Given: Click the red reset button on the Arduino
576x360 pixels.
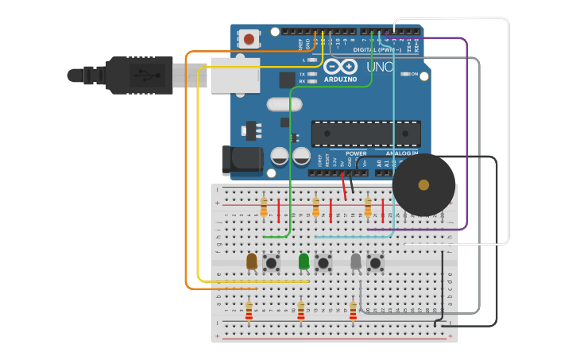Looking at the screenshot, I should pyautogui.click(x=249, y=38).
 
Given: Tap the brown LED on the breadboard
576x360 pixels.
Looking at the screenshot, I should pyautogui.click(x=252, y=261).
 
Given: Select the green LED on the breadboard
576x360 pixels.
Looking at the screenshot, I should pyautogui.click(x=303, y=261).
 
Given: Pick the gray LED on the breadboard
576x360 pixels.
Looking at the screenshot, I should pyautogui.click(x=355, y=261).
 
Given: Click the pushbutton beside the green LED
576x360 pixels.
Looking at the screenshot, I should pyautogui.click(x=323, y=261).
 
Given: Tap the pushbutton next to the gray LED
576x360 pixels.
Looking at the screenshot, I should pyautogui.click(x=375, y=261).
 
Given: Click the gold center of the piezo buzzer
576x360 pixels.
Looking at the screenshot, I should pyautogui.click(x=423, y=185).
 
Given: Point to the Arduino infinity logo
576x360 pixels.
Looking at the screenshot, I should pyautogui.click(x=339, y=67).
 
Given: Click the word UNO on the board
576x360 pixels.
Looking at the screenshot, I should pyautogui.click(x=380, y=68).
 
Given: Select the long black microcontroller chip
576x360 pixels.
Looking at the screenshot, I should pyautogui.click(x=365, y=134).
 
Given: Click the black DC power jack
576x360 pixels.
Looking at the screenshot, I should pyautogui.click(x=242, y=159).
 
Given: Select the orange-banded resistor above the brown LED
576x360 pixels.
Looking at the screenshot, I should pyautogui.click(x=264, y=207).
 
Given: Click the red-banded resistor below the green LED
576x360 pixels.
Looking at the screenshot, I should pyautogui.click(x=300, y=311).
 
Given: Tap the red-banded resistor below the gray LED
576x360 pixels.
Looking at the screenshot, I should pyautogui.click(x=353, y=311).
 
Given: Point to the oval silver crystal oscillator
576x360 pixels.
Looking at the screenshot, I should pyautogui.click(x=284, y=104).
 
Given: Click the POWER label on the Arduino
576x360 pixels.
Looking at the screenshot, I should pyautogui.click(x=356, y=153).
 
